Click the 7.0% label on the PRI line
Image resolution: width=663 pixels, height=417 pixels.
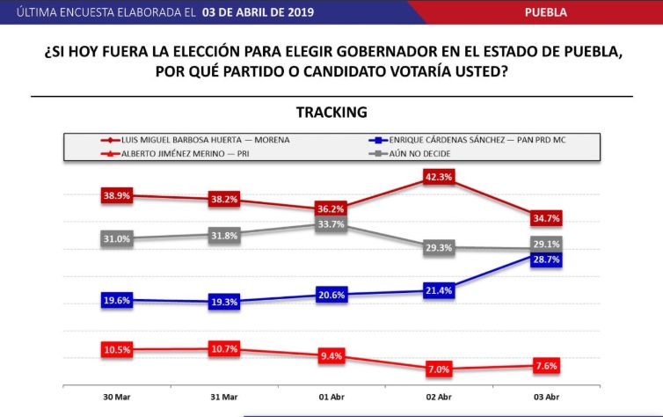438,369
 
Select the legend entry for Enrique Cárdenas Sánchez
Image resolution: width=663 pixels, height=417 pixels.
470,139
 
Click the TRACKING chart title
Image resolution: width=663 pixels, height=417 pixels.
331,112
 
